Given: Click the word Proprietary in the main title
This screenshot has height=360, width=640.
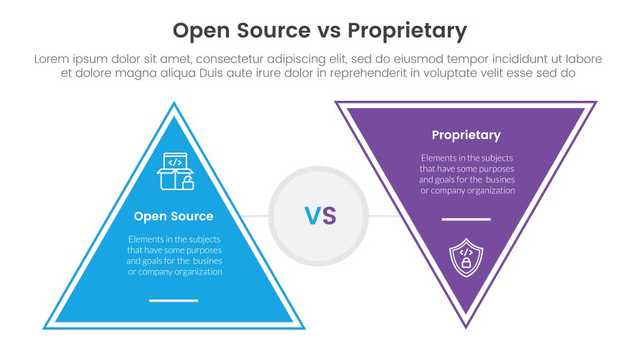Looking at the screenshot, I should tap(407, 31).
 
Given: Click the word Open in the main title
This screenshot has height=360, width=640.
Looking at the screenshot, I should tap(199, 31).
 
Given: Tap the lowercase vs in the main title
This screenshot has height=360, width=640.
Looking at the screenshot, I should tap(328, 31).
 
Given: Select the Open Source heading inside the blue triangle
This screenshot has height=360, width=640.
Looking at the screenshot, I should tap(173, 216).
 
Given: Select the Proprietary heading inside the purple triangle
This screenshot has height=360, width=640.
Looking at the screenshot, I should tap(466, 135).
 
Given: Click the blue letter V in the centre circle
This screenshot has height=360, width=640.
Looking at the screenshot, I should tap(311, 215).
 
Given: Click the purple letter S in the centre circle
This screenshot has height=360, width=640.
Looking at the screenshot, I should tap(329, 215).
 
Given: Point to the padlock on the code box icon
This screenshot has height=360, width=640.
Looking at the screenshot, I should tap(187, 183).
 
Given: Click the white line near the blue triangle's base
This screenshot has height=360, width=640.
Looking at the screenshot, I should tap(173, 300).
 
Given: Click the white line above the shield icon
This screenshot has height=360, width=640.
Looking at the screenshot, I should tap(466, 219).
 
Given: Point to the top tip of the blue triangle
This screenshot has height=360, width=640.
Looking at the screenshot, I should tap(173, 104).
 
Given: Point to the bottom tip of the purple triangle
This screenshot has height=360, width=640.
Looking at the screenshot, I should tap(466, 326).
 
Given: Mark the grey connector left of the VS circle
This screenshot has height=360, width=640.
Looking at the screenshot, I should tap(255, 215).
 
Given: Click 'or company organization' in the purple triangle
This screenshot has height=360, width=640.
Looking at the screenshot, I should tap(468, 191).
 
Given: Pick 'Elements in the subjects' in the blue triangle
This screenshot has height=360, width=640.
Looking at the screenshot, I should tap(175, 239).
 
